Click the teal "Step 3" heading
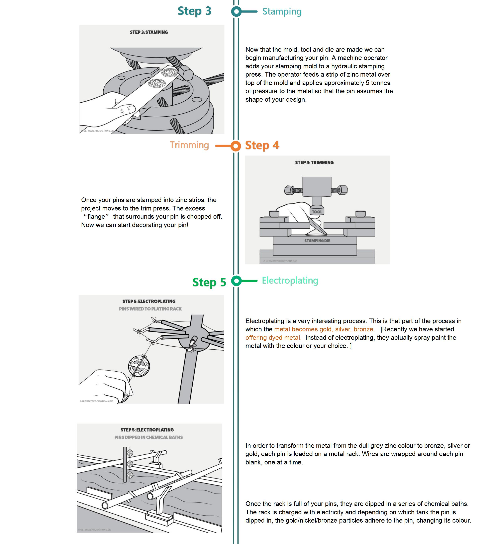[194, 11]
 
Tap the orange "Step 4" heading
[262, 145]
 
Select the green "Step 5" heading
[209, 282]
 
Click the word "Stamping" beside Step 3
[282, 12]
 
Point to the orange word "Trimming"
[189, 145]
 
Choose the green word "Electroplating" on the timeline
[290, 280]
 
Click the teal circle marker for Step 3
[236, 12]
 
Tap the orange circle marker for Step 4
[235, 146]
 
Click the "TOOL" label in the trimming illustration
[317, 212]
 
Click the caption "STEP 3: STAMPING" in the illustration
[149, 32]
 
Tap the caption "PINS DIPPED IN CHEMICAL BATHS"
[148, 437]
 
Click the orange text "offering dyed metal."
[273, 338]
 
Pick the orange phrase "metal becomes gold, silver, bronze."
[324, 329]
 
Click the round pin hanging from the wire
[139, 366]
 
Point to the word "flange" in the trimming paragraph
[96, 217]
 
